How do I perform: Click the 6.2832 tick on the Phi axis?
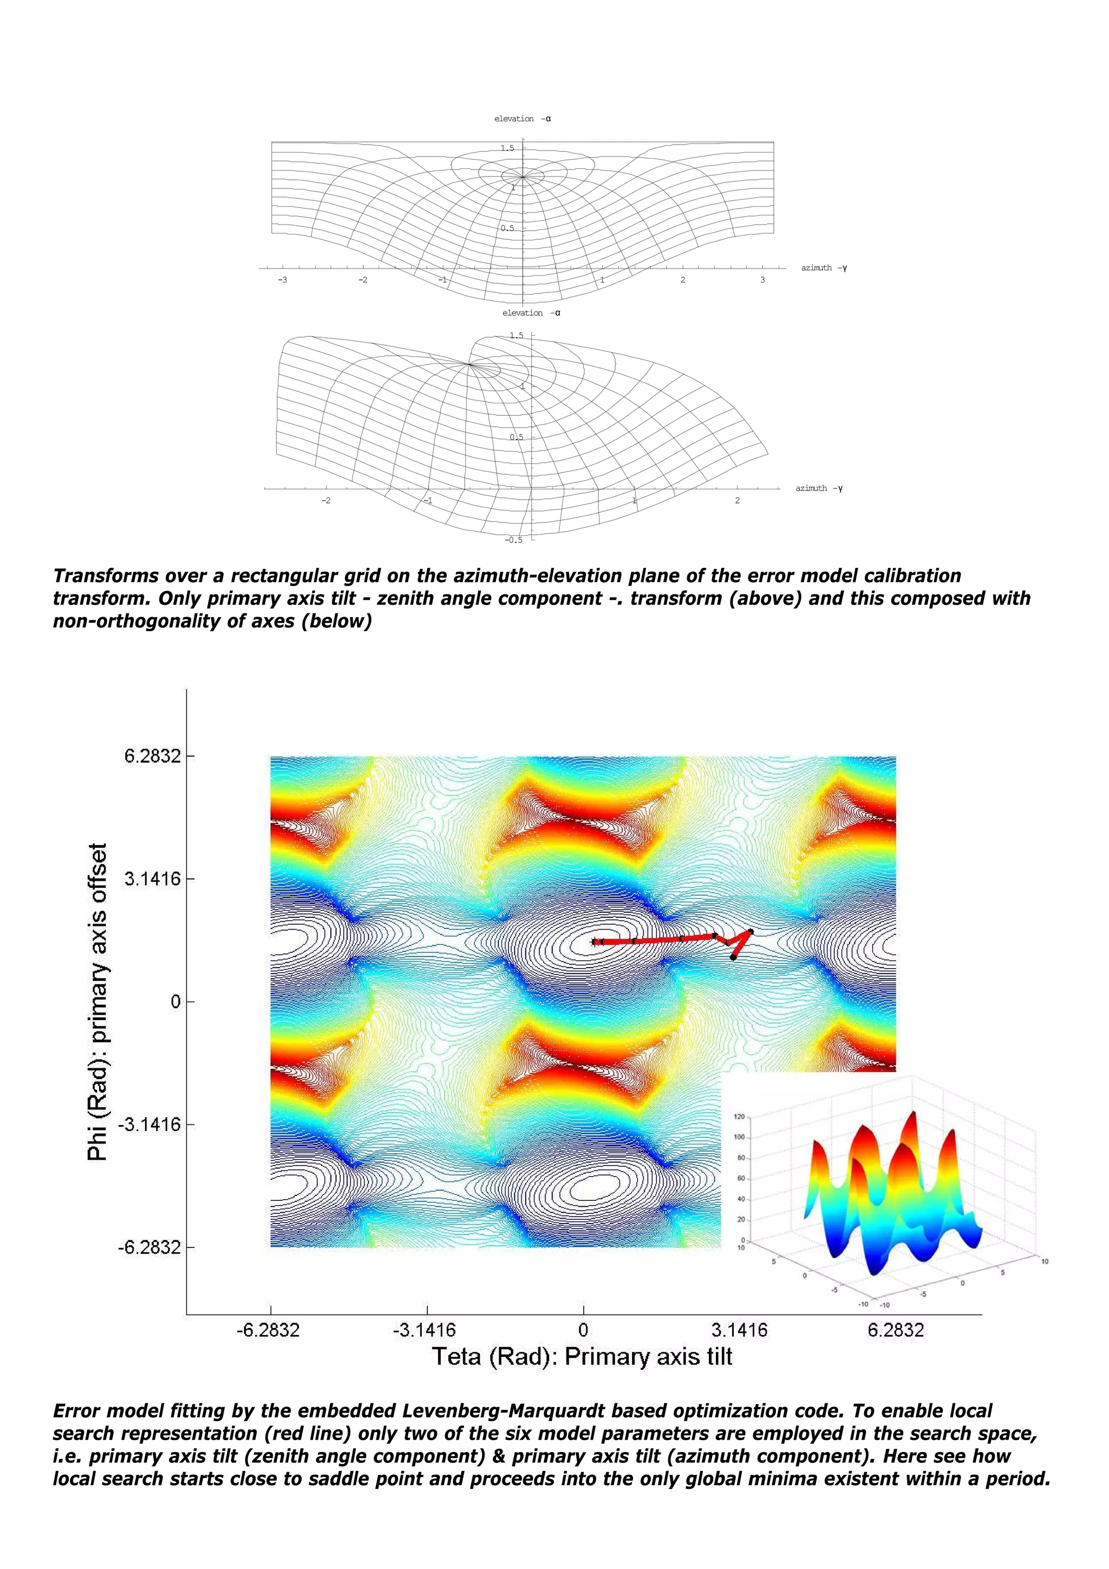(152, 756)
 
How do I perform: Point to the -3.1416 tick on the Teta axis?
(423, 1330)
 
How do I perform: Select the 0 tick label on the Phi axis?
(175, 1002)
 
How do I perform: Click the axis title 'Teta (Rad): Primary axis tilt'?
(582, 1356)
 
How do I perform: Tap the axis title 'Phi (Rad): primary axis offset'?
(97, 1002)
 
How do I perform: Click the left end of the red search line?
(593, 942)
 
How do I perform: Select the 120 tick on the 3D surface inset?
(739, 1116)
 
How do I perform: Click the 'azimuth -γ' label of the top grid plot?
(824, 268)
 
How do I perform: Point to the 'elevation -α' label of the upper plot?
(522, 119)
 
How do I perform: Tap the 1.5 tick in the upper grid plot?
(507, 148)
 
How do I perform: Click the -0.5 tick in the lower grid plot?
(513, 540)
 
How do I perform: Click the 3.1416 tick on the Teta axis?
(739, 1330)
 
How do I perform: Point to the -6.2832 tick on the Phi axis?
(149, 1248)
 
